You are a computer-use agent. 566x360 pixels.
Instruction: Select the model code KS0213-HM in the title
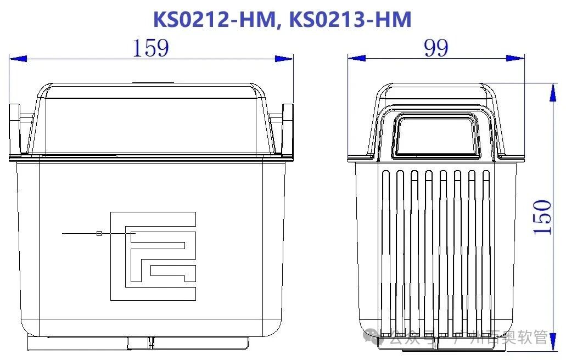pos(350,19)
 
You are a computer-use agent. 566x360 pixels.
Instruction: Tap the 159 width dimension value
pos(150,48)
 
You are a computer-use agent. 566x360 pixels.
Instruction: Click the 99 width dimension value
pos(436,48)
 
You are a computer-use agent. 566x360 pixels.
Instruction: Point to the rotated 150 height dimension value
pos(542,218)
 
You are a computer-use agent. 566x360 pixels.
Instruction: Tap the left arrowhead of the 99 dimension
pos(357,58)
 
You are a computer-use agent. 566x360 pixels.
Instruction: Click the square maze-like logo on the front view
pos(153,255)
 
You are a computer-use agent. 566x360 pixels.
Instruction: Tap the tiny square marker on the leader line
pos(99,233)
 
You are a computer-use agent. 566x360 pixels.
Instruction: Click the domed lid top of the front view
pos(151,118)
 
